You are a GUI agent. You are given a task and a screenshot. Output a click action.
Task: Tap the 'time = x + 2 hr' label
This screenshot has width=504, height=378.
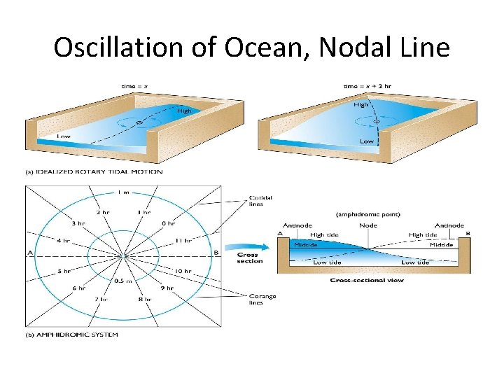365,86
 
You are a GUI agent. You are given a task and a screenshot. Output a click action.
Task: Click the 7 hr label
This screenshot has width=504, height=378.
101,299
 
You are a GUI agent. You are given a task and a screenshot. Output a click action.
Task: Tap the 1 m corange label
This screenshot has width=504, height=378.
124,192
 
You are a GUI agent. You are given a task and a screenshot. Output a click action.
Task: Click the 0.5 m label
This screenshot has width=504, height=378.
123,281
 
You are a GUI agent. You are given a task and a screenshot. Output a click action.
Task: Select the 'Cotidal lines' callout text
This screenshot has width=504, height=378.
260,201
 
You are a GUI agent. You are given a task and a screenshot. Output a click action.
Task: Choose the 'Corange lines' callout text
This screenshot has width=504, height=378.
262,299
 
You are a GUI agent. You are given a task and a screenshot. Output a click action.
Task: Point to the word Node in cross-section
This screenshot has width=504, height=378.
368,225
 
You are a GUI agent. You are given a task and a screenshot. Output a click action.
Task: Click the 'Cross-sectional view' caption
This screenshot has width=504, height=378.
367,281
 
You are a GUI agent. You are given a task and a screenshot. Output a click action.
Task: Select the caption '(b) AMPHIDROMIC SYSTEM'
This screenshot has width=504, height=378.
73,335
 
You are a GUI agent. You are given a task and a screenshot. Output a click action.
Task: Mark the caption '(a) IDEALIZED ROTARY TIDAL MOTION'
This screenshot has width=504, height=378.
94,171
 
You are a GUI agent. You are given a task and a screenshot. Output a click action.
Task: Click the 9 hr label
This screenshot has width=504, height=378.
167,287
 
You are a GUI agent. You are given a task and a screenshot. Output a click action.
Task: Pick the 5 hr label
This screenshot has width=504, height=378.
64,271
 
